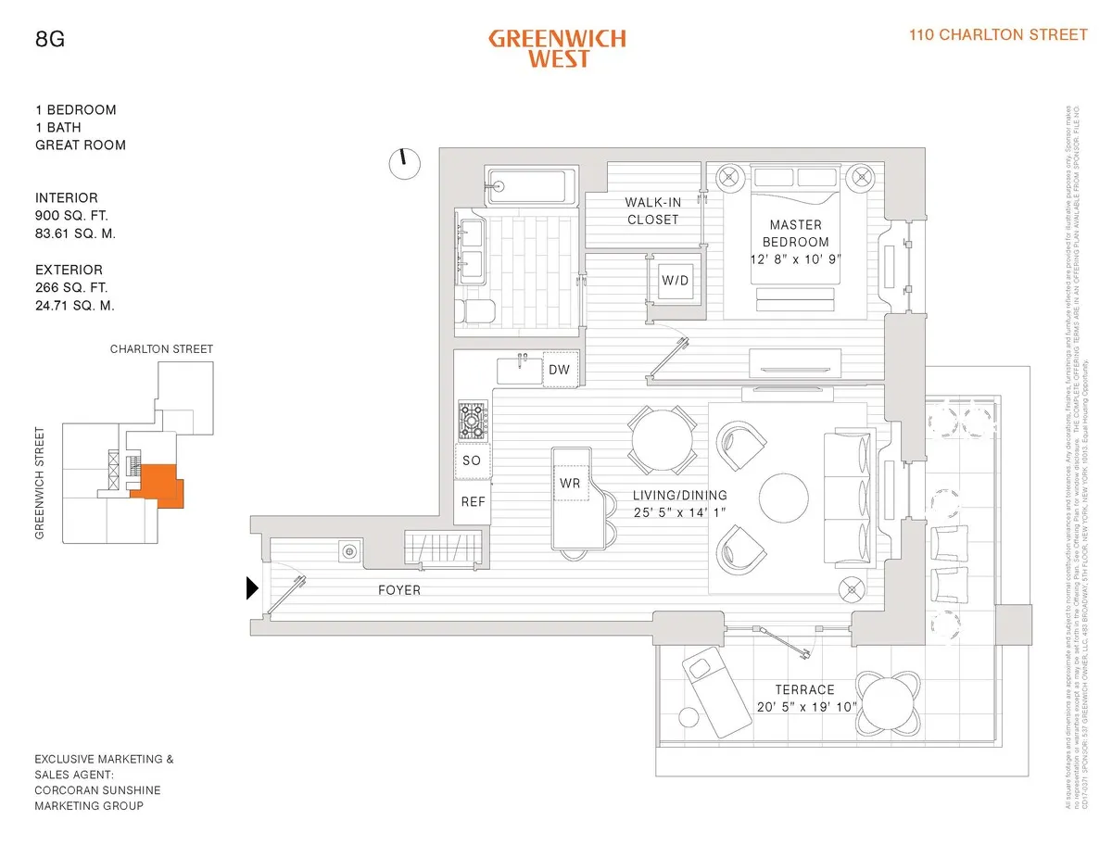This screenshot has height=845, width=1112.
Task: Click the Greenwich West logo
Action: click(x=557, y=48)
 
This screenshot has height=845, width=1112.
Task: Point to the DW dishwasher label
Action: click(x=559, y=370)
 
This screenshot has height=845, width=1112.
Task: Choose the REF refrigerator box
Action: click(x=473, y=501)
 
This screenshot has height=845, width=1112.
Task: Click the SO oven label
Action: click(x=472, y=460)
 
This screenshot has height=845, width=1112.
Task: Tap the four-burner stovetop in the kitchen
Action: click(x=473, y=421)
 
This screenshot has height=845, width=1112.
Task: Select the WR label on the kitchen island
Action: click(x=569, y=483)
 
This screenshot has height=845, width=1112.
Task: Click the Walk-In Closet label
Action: click(x=652, y=211)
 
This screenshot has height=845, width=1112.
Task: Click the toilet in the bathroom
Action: click(x=474, y=311)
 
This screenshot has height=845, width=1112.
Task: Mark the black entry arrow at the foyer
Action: click(x=251, y=588)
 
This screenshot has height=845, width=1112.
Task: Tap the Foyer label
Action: click(x=398, y=590)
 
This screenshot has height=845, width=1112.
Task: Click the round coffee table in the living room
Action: click(x=786, y=499)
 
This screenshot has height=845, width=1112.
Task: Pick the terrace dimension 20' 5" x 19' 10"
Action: click(x=805, y=708)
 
